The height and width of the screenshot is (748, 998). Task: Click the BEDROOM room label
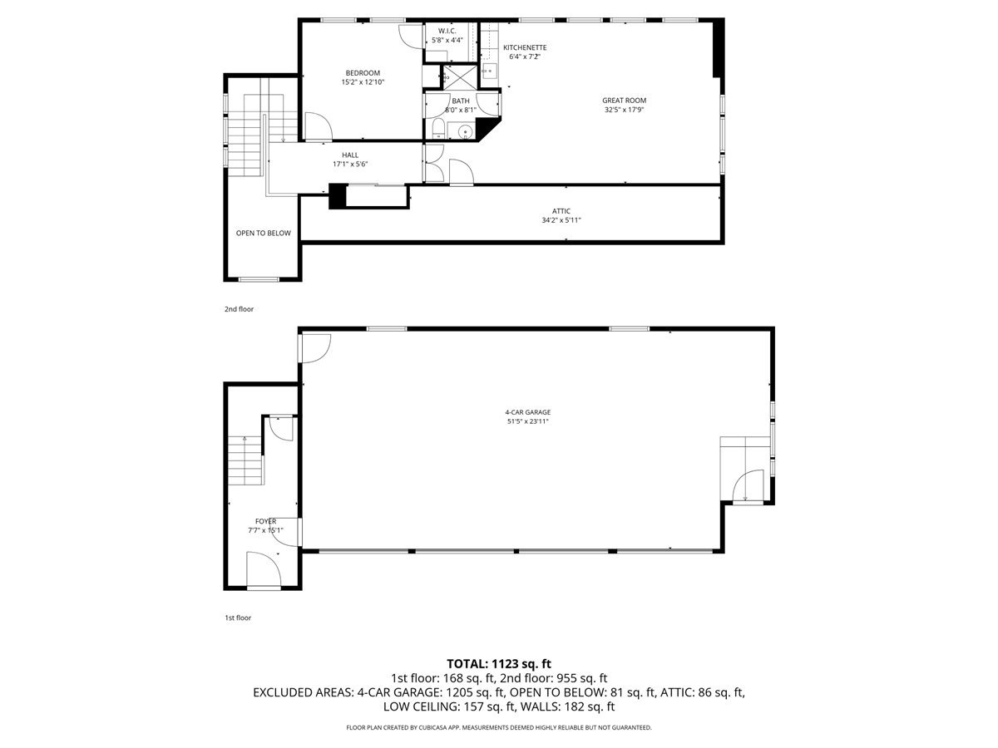[363, 72]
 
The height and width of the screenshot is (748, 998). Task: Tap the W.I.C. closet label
[447, 31]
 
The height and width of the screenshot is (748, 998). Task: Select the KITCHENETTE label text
[524, 47]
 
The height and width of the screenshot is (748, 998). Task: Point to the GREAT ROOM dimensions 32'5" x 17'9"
[624, 110]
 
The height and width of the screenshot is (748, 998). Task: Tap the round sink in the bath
[465, 132]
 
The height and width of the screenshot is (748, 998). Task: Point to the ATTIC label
[561, 211]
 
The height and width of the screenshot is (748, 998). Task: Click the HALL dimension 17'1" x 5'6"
[349, 165]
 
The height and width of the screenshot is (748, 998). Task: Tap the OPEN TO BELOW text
[263, 234]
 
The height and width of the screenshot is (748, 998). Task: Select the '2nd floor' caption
[239, 309]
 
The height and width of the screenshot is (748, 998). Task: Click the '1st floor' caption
[238, 618]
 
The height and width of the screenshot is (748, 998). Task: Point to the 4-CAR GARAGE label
[527, 412]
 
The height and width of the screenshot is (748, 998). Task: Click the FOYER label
[265, 521]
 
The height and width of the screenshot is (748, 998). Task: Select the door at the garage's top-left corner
[315, 347]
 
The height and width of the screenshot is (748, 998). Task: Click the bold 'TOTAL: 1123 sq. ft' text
[499, 663]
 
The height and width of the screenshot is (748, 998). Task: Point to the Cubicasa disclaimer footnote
[499, 727]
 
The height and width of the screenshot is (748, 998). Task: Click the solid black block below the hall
[338, 196]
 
